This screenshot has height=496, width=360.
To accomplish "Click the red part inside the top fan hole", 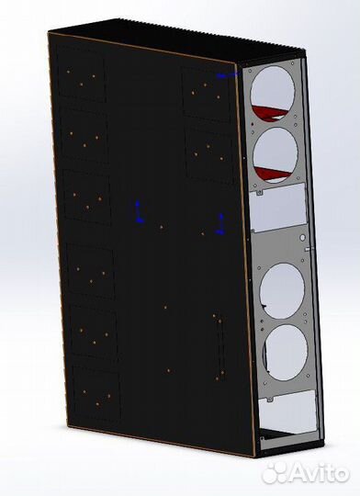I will coord(266,115).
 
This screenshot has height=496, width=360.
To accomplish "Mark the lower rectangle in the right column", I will coord(209,152).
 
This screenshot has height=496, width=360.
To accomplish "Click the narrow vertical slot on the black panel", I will coord(219,344).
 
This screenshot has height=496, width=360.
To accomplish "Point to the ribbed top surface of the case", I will coord(165,39).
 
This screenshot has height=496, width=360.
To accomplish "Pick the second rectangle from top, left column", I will coord(85,138).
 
